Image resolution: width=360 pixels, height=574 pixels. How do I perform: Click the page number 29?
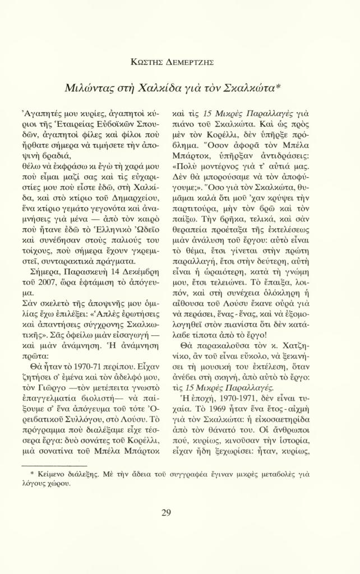(x=166, y=512)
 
